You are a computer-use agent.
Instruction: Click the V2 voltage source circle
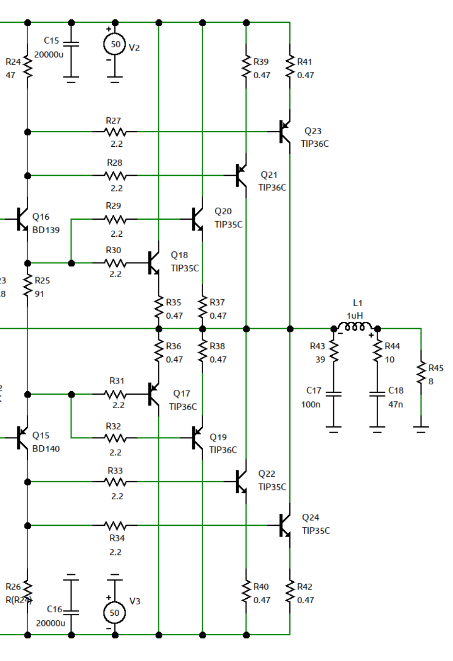point(115,44)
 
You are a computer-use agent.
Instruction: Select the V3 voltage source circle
point(115,612)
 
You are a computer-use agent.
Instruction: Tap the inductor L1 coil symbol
point(355,326)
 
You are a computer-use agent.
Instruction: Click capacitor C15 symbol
point(71,44)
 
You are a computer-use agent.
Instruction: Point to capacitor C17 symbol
point(333,394)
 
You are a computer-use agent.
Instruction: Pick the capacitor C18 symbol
point(377,394)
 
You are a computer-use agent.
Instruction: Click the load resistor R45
point(421,373)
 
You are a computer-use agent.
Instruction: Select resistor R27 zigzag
point(115,132)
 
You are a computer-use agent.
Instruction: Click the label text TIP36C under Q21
point(272,187)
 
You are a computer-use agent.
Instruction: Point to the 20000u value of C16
point(51,623)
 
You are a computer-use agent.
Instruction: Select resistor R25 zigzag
point(28,286)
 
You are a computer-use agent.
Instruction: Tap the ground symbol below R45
point(421,429)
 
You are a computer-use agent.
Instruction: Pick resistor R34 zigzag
point(115,525)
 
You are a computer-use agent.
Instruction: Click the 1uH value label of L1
point(355,315)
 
